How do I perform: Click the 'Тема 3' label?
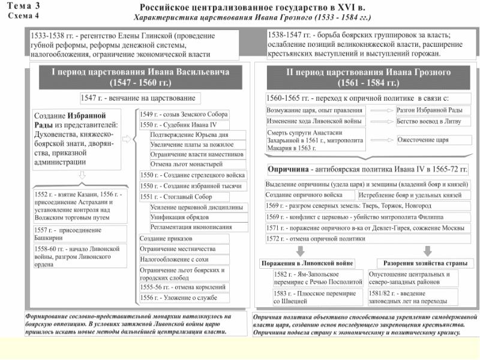click(x=23, y=5)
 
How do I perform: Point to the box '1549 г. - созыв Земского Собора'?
click(x=183, y=114)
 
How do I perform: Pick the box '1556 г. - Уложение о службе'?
click(x=183, y=298)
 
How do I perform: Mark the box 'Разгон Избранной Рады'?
click(x=430, y=110)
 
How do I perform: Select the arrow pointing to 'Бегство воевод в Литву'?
click(x=379, y=121)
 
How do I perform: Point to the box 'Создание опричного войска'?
click(x=310, y=195)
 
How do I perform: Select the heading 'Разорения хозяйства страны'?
click(x=422, y=263)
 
